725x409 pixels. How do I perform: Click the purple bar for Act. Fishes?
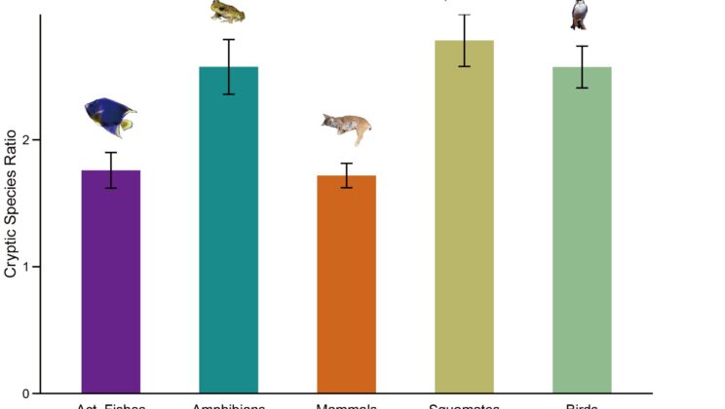(x=111, y=282)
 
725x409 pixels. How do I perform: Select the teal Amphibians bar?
(x=228, y=234)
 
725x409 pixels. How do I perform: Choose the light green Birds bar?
(x=582, y=234)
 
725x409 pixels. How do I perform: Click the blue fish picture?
(x=110, y=117)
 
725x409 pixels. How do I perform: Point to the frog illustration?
(x=228, y=12)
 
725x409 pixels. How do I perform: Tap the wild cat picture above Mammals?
(x=347, y=128)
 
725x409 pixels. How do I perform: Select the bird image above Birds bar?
(x=580, y=13)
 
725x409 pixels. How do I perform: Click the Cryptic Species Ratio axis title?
(x=11, y=204)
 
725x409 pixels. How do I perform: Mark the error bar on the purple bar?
(x=111, y=169)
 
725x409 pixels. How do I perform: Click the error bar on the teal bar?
(x=228, y=66)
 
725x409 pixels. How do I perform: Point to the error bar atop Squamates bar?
(x=464, y=40)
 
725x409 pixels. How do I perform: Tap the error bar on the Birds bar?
(x=582, y=66)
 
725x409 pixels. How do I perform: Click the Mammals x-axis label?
(x=345, y=405)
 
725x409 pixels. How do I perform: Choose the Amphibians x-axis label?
(x=228, y=405)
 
